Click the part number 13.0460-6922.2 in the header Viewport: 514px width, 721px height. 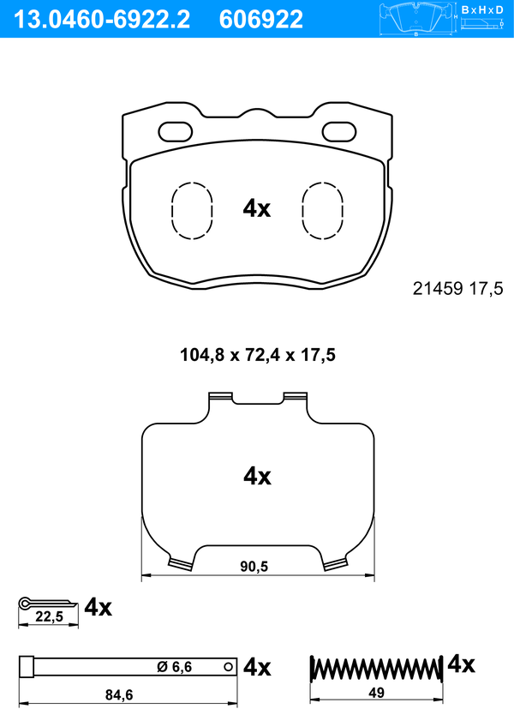pos(102,20)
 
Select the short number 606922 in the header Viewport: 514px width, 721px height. pos(261,20)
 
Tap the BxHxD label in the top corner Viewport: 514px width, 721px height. pos(481,9)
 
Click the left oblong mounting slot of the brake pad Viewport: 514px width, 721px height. pos(175,132)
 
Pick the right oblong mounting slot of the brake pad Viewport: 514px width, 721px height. pos(339,132)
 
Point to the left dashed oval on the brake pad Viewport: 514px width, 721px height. pos(192,211)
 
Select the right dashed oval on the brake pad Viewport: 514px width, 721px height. pos(323,211)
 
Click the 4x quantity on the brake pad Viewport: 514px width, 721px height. pos(257,208)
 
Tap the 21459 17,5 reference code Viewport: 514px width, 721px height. pos(458,289)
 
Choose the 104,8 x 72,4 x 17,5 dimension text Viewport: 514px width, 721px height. pos(258,355)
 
